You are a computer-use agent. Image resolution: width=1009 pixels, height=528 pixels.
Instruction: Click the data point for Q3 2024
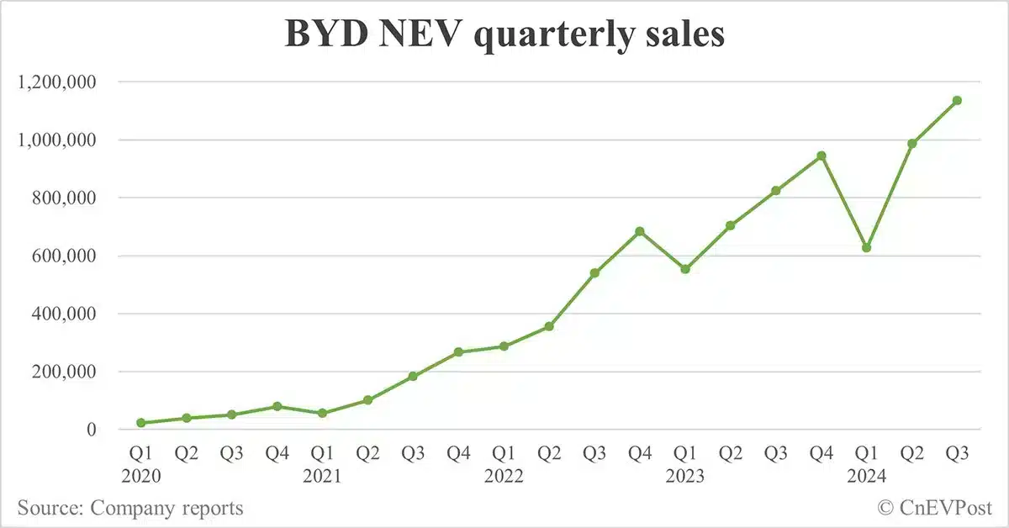pos(957,101)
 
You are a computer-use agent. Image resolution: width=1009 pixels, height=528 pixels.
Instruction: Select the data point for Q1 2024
pos(866,248)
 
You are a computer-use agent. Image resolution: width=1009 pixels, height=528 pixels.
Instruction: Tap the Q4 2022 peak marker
pos(640,231)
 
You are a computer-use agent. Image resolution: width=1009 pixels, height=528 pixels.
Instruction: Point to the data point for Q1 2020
pos(141,423)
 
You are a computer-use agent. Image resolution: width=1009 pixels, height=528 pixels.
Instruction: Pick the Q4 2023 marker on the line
pos(821,156)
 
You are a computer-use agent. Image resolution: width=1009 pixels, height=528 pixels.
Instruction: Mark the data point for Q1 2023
pos(685,269)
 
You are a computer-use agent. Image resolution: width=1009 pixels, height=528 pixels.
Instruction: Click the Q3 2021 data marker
pos(413,376)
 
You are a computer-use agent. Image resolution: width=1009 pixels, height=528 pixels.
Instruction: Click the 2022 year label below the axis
pos(504,477)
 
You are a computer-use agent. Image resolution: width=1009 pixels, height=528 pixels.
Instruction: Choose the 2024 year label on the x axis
pos(866,477)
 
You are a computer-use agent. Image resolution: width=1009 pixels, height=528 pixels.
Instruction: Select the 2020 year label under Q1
pos(141,477)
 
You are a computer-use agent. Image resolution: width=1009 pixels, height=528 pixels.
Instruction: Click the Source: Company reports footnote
pos(130,508)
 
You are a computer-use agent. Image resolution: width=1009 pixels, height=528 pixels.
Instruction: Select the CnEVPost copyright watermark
pos(935,508)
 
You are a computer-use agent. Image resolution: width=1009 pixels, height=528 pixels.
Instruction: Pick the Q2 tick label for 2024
pos(911,454)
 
